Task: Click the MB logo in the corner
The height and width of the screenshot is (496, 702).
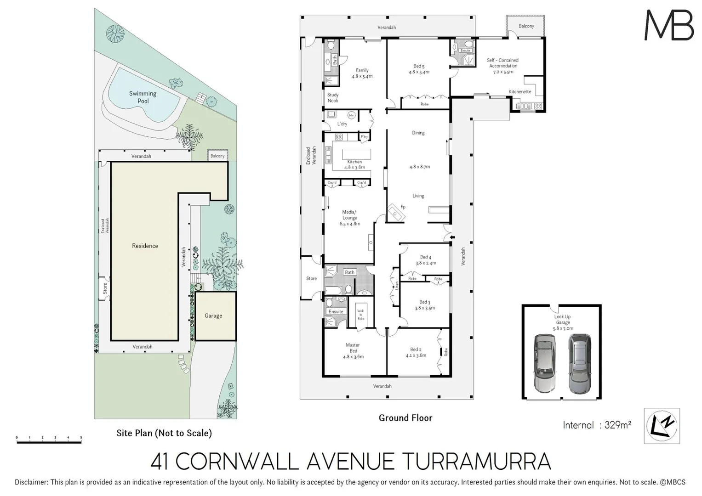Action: point(669,26)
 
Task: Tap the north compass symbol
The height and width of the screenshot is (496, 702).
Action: point(662,426)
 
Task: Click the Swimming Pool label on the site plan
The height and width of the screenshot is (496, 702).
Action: point(143,97)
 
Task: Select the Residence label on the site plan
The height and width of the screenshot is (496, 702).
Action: point(145,246)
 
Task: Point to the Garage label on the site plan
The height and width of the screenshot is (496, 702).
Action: point(213,316)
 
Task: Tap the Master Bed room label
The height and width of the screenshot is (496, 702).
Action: point(353,350)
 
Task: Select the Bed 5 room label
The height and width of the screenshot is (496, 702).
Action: point(419,69)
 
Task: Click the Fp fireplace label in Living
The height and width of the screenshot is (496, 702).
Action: point(403,207)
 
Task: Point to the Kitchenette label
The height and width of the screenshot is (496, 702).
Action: point(520,92)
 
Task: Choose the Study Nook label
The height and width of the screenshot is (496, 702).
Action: point(333,98)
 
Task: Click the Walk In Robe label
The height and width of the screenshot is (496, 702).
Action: point(361,315)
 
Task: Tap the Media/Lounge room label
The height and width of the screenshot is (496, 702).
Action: point(349,218)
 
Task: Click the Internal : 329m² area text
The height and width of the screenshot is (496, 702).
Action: point(597,425)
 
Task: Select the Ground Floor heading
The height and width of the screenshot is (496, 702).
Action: point(405,418)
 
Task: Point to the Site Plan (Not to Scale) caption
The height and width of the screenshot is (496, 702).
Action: point(164,433)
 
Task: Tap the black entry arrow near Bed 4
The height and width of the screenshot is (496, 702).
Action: point(453,237)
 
